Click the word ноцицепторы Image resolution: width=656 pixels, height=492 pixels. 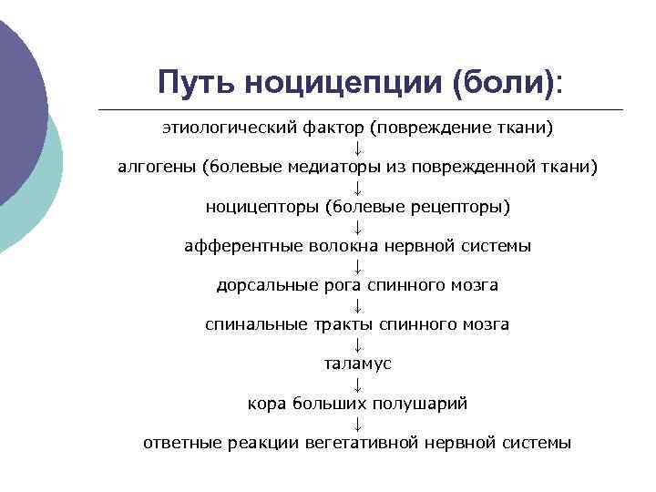coord(260,207)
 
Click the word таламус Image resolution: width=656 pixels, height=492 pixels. coord(357,364)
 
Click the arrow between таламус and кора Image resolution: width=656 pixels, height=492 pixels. coord(357,384)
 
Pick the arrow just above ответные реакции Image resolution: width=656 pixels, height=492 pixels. coord(357,423)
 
